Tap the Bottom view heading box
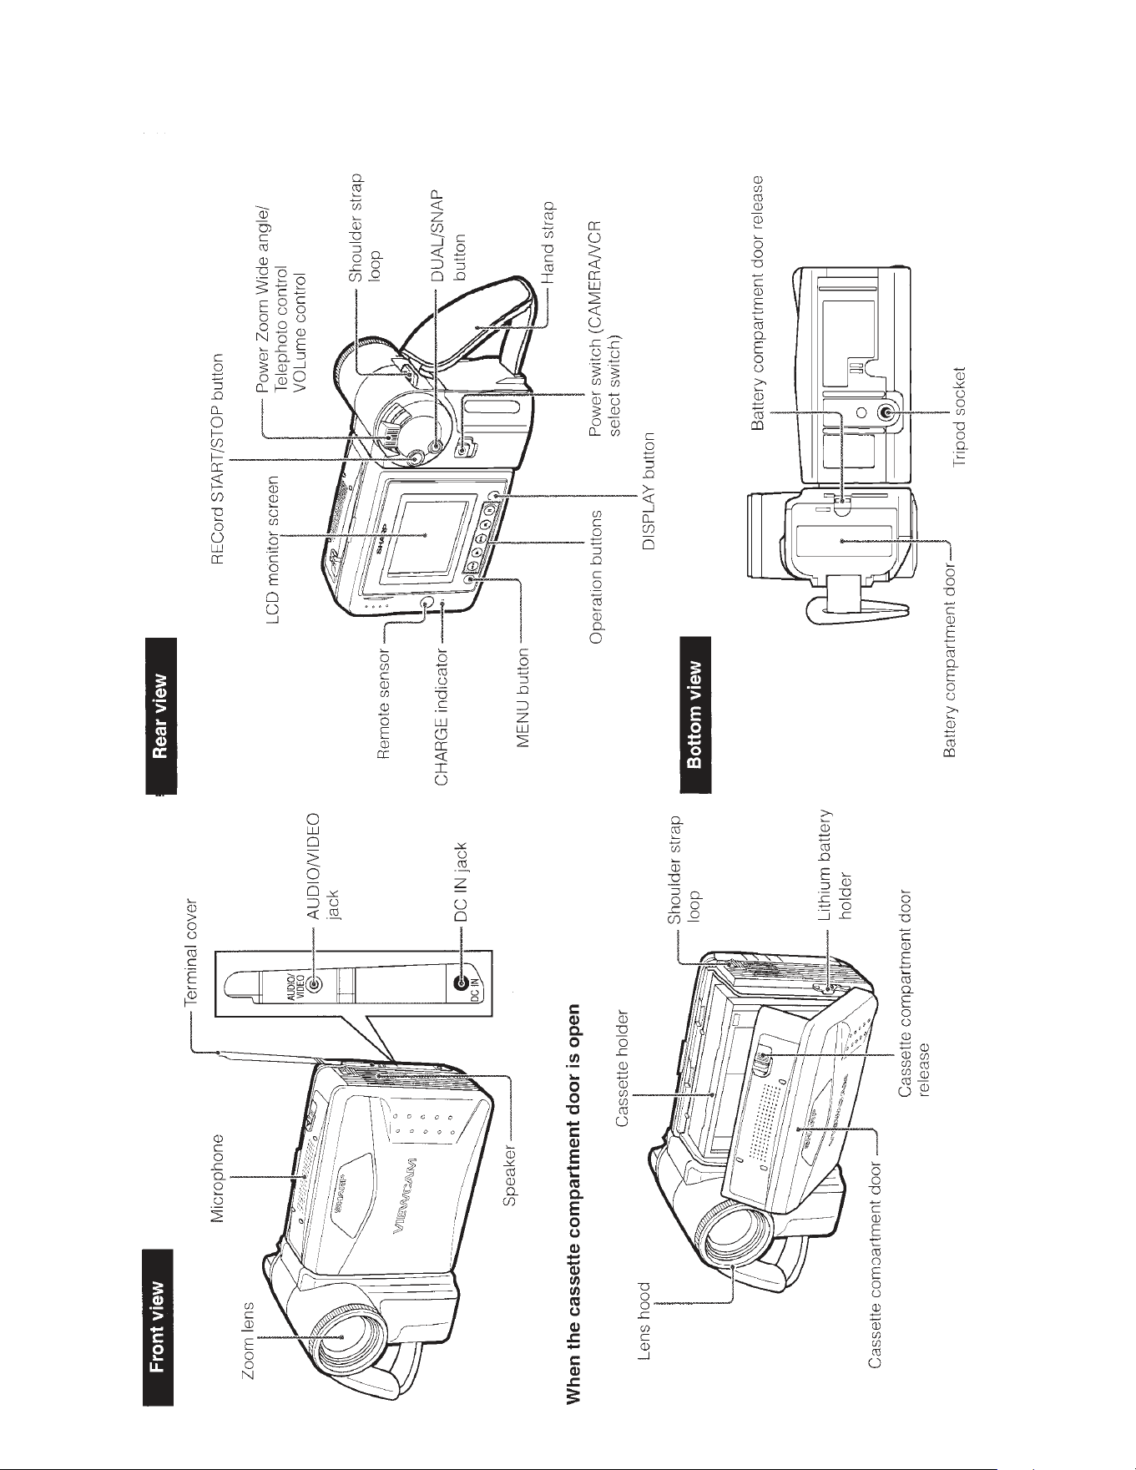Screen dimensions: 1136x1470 tap(696, 715)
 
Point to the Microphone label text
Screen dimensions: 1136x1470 tap(220, 1177)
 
